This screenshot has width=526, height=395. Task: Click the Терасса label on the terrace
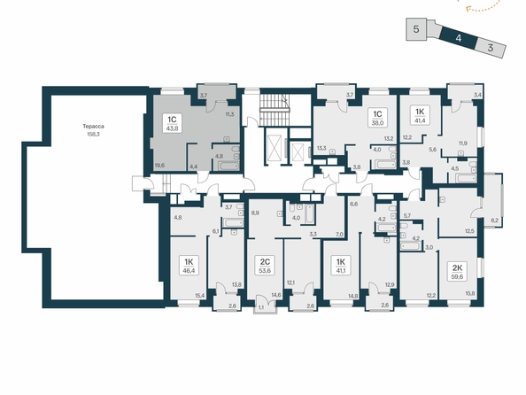click(94, 127)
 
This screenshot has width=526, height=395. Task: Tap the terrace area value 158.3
click(94, 134)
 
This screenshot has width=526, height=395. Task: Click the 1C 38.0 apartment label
click(377, 118)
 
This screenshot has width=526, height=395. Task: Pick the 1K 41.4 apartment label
click(420, 115)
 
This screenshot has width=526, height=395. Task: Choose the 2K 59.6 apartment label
click(458, 272)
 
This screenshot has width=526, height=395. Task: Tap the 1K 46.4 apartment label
click(191, 266)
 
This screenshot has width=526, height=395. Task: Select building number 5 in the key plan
click(416, 29)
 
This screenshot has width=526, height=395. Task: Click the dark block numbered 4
click(458, 37)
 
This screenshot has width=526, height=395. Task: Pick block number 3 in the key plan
click(491, 48)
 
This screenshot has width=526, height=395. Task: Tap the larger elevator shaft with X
click(275, 148)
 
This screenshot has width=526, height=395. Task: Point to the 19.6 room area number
click(159, 165)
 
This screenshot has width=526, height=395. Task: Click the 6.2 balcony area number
click(494, 221)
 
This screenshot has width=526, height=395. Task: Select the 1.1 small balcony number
click(260, 306)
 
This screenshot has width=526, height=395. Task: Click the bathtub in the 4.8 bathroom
click(228, 166)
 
